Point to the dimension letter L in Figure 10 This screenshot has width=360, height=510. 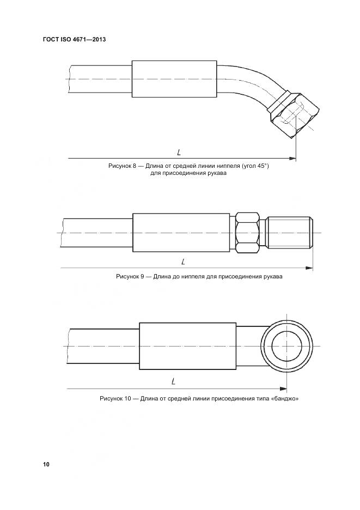173,382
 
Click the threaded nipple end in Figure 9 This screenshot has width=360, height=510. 291,233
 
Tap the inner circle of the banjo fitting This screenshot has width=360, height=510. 286,346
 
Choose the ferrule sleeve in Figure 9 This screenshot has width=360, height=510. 181,233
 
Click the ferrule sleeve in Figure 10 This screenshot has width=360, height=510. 187,346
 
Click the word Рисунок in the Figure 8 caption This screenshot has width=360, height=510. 120,166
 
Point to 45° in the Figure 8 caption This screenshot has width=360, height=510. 261,166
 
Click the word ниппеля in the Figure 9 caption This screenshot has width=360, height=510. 190,277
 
